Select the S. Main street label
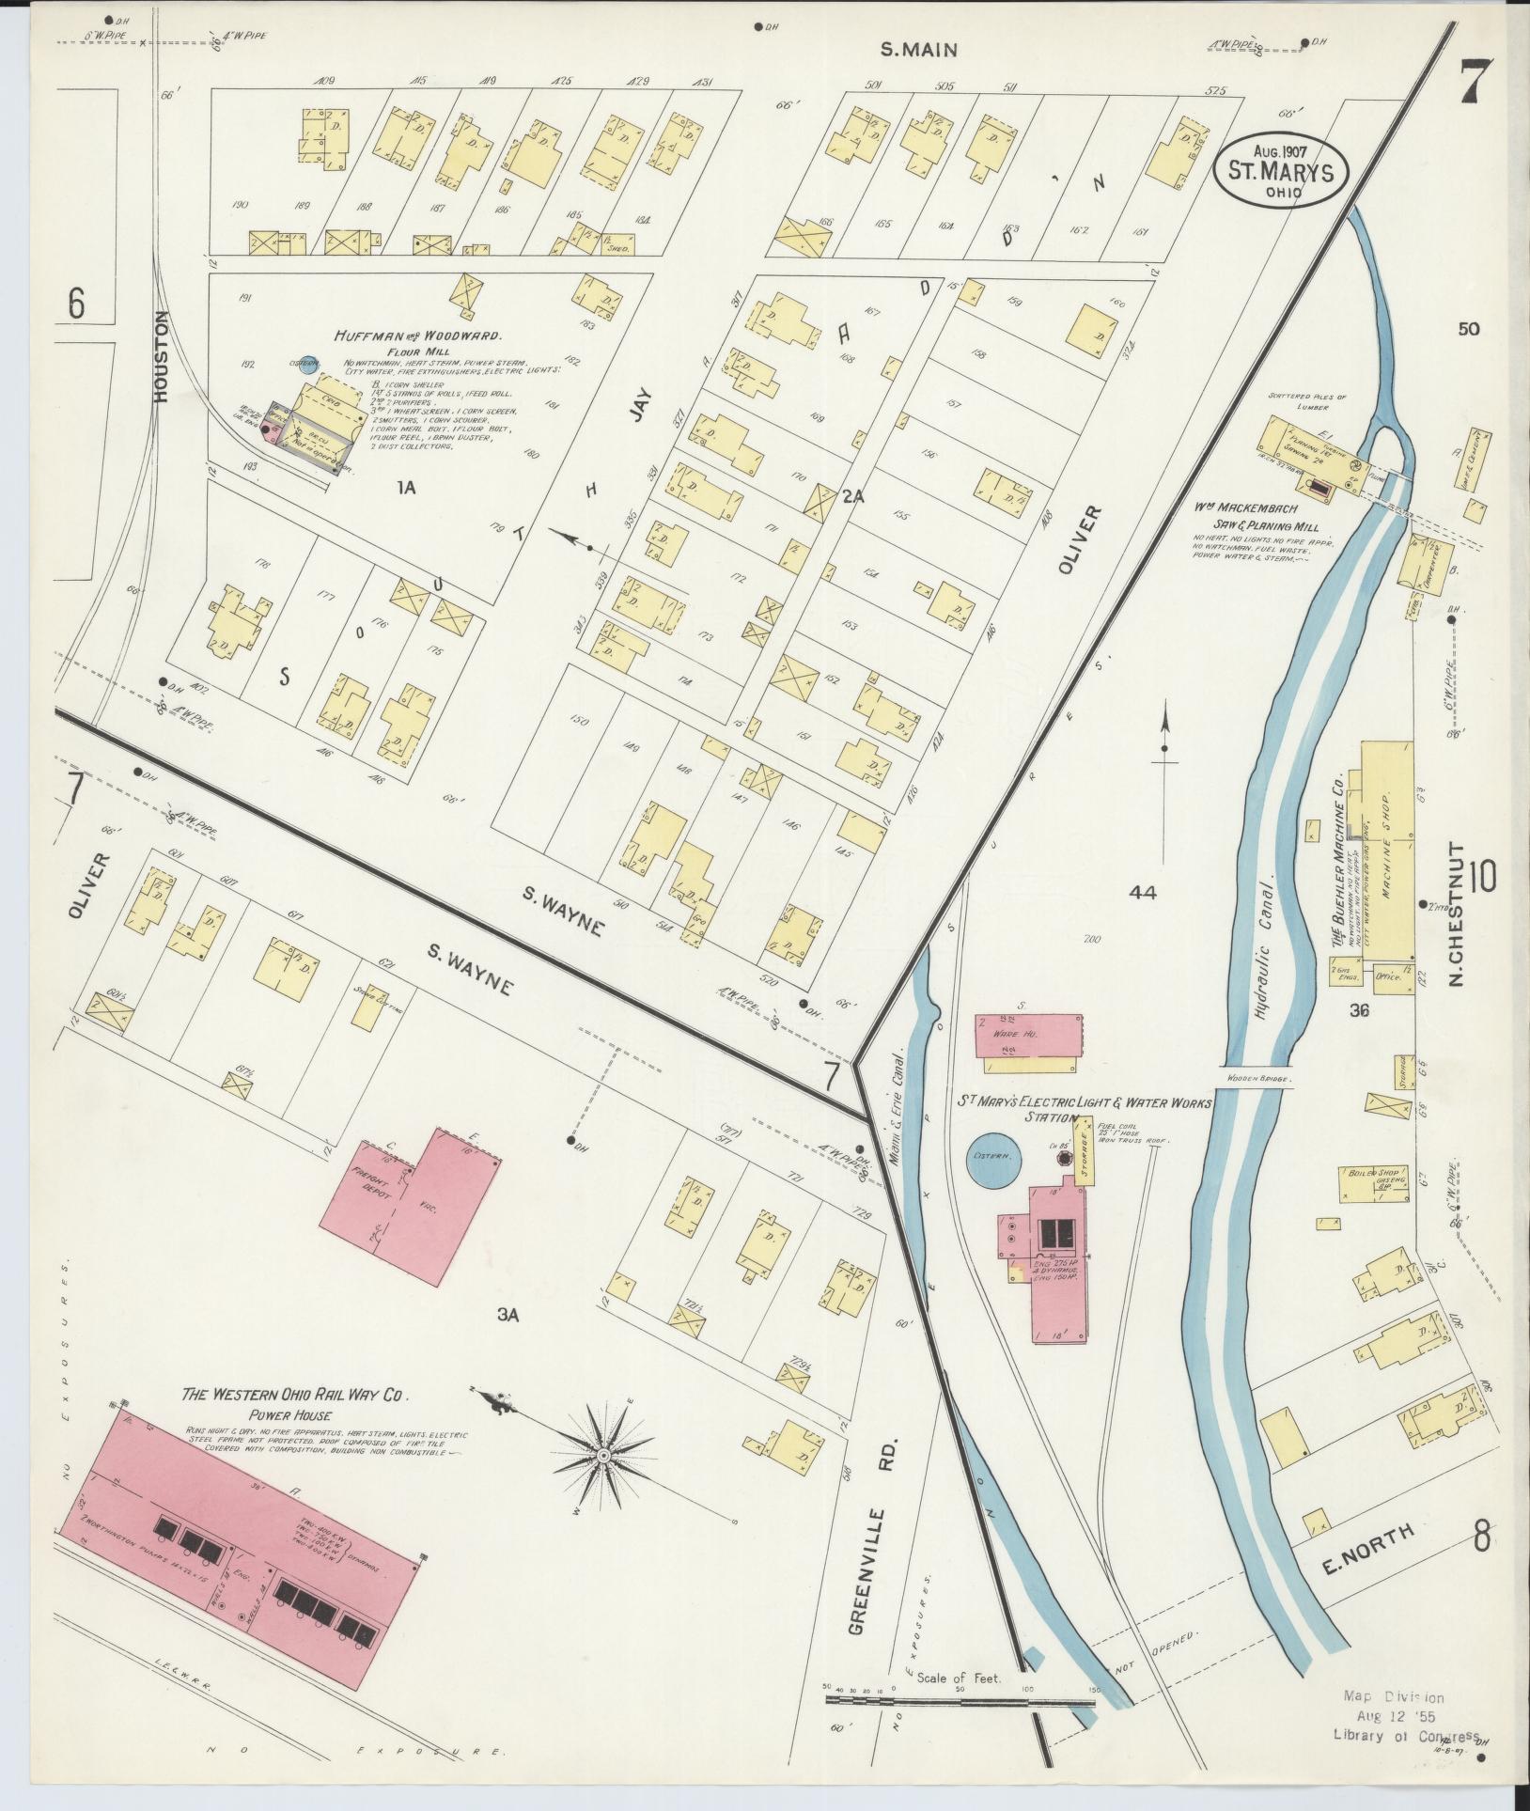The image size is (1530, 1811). [919, 48]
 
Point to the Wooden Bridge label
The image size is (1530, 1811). [1257, 1079]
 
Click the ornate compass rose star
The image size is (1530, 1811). [603, 1482]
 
